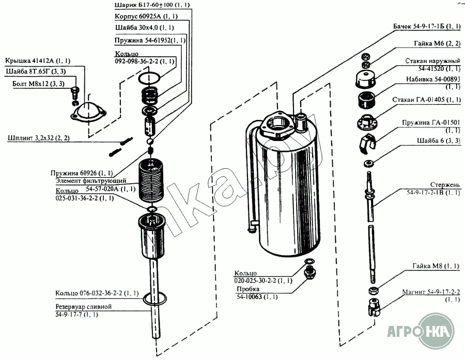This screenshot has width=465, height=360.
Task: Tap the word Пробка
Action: coord(247,289)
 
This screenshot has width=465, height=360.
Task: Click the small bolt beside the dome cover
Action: coord(74,92)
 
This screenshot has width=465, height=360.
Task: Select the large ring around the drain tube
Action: coord(153,300)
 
